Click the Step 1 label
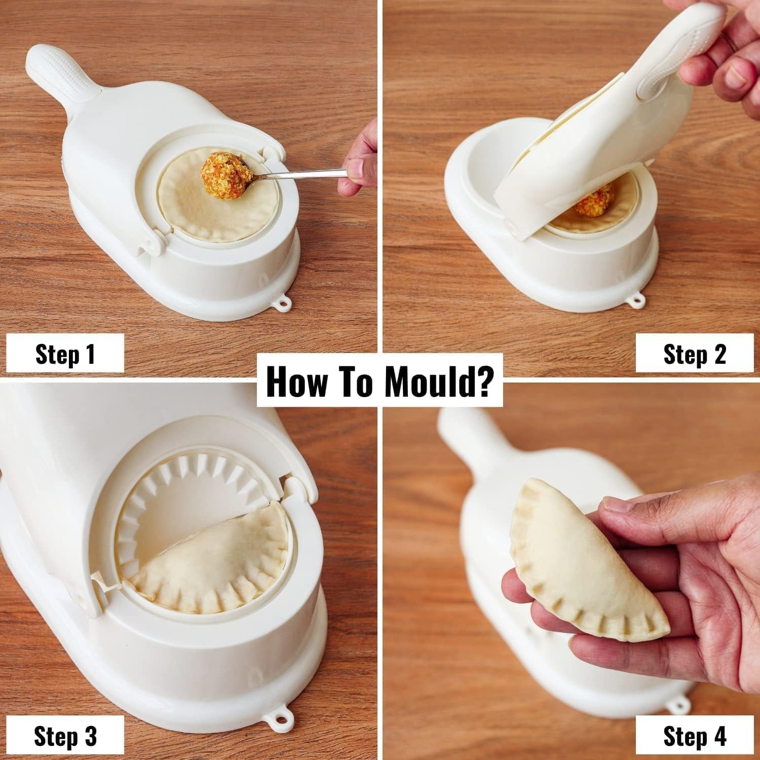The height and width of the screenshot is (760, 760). click(65, 354)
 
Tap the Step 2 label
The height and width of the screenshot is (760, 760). click(694, 354)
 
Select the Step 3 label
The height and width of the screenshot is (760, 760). click(65, 734)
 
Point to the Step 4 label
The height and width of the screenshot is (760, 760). click(694, 734)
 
